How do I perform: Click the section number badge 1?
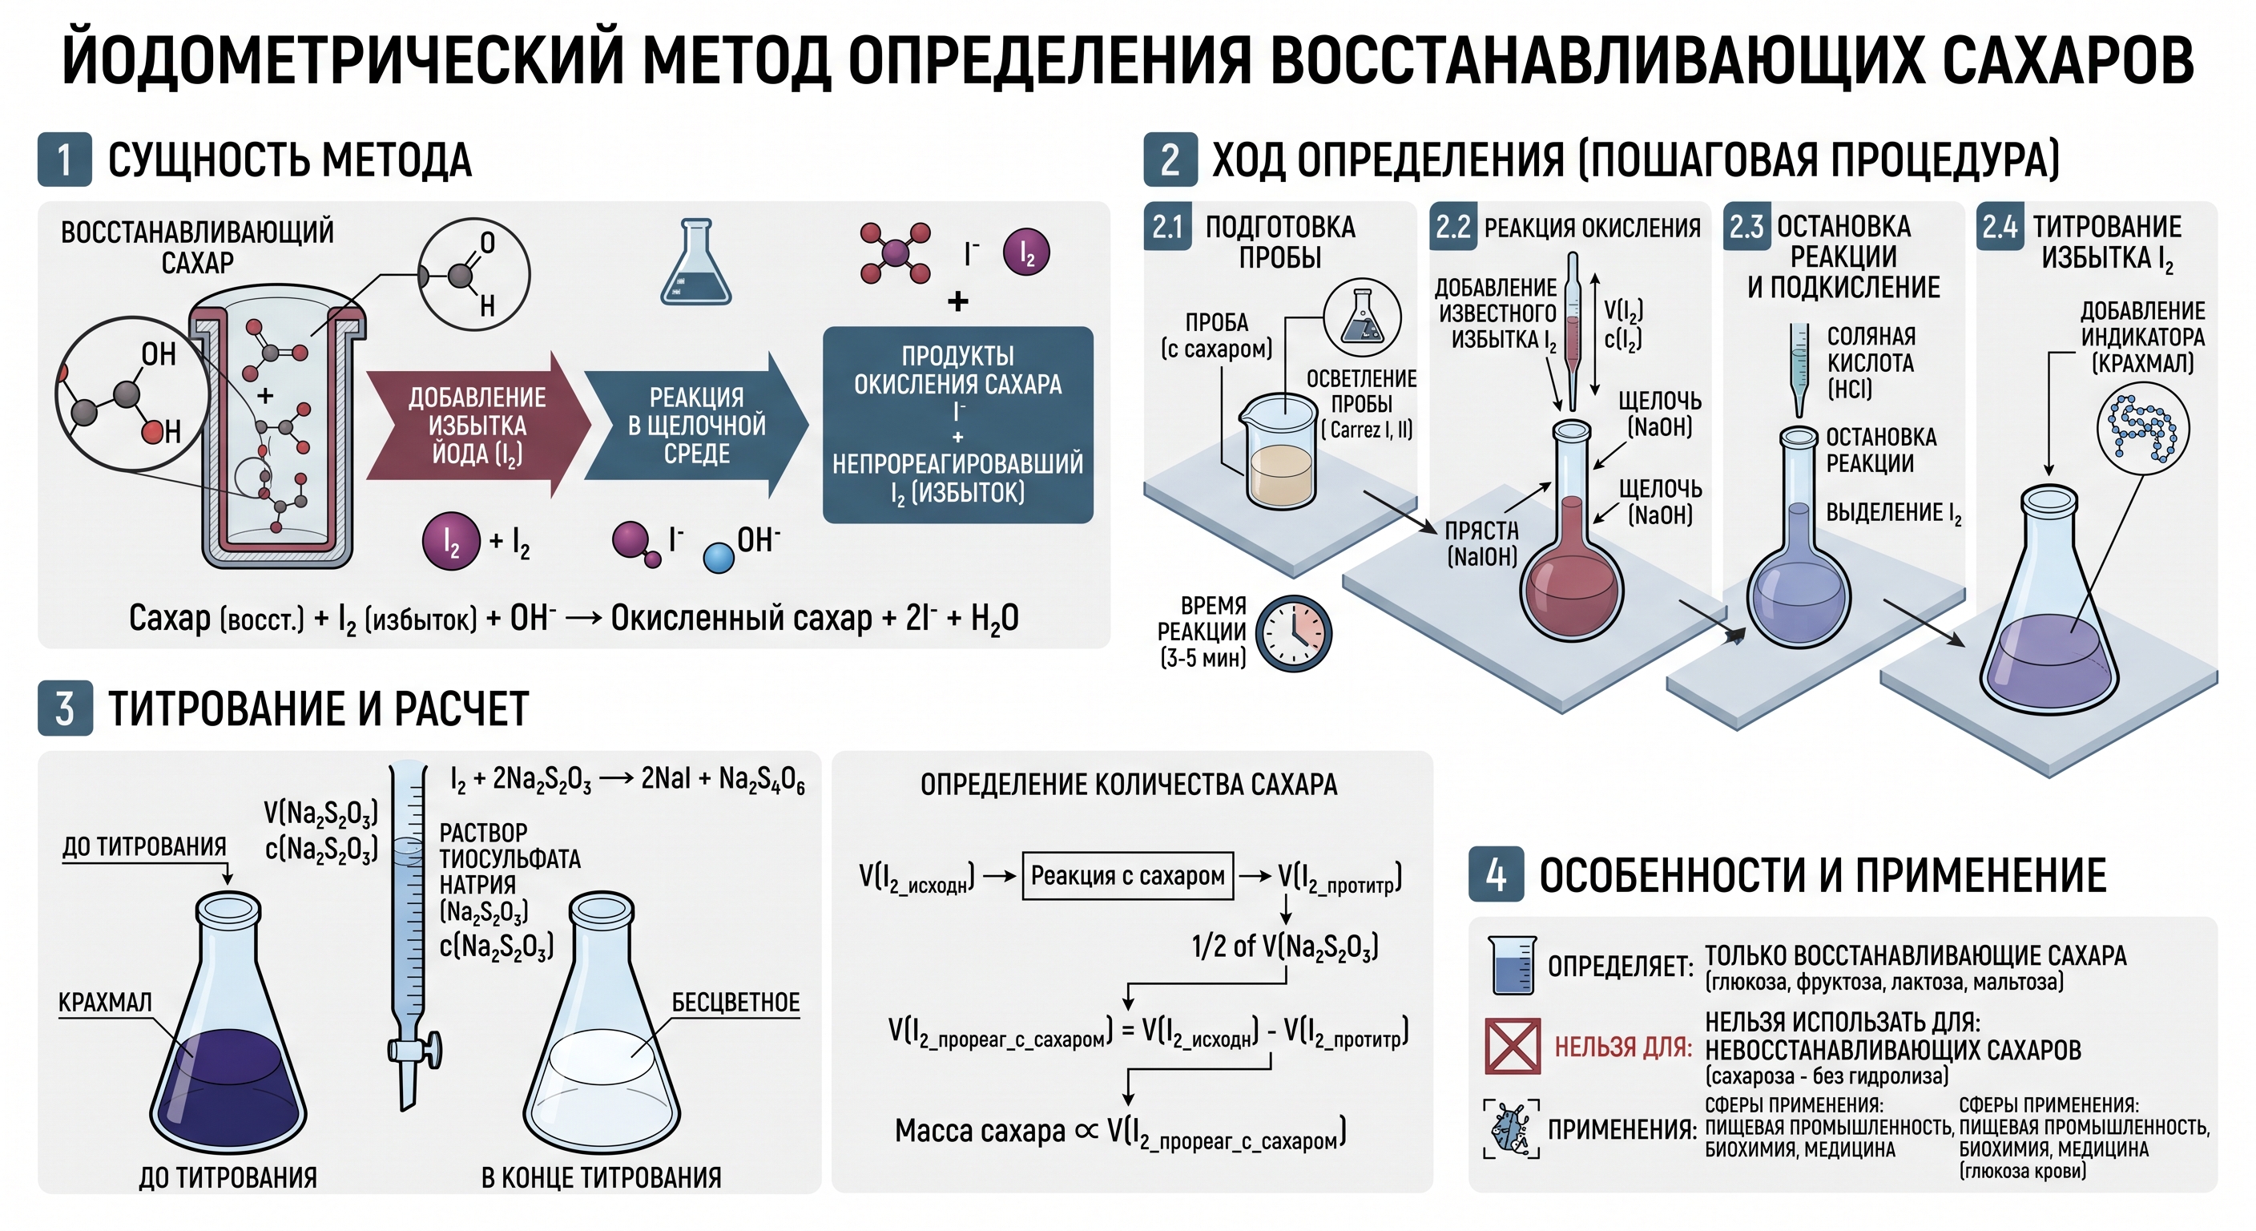(x=64, y=159)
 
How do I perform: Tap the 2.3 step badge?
(x=1746, y=227)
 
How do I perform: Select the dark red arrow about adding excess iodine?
(x=477, y=426)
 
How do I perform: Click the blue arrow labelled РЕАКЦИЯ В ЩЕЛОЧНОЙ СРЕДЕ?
(x=695, y=426)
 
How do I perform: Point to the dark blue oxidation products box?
(x=958, y=425)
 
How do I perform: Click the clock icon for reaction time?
(x=1294, y=633)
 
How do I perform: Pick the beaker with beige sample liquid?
(x=1282, y=451)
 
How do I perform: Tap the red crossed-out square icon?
(x=1513, y=1046)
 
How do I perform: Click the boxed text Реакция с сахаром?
(x=1128, y=875)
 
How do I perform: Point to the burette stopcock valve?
(x=416, y=1049)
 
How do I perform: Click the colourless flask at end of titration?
(x=602, y=1024)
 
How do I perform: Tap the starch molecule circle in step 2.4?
(x=2143, y=429)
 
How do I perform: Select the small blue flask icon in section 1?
(x=695, y=262)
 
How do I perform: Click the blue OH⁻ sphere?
(x=719, y=558)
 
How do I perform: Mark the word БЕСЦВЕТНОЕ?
(x=735, y=1003)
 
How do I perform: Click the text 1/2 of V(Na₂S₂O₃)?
(x=1285, y=946)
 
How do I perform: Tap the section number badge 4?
(x=1496, y=874)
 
